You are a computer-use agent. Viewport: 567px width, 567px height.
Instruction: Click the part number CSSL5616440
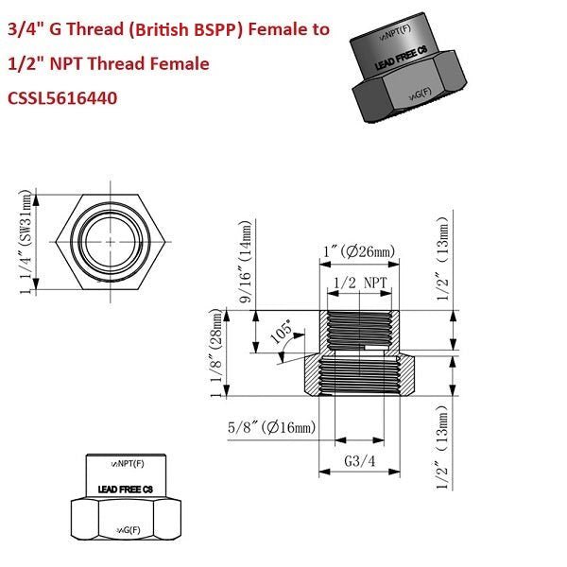62,97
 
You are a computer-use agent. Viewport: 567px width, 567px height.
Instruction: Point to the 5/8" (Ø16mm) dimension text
271,429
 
